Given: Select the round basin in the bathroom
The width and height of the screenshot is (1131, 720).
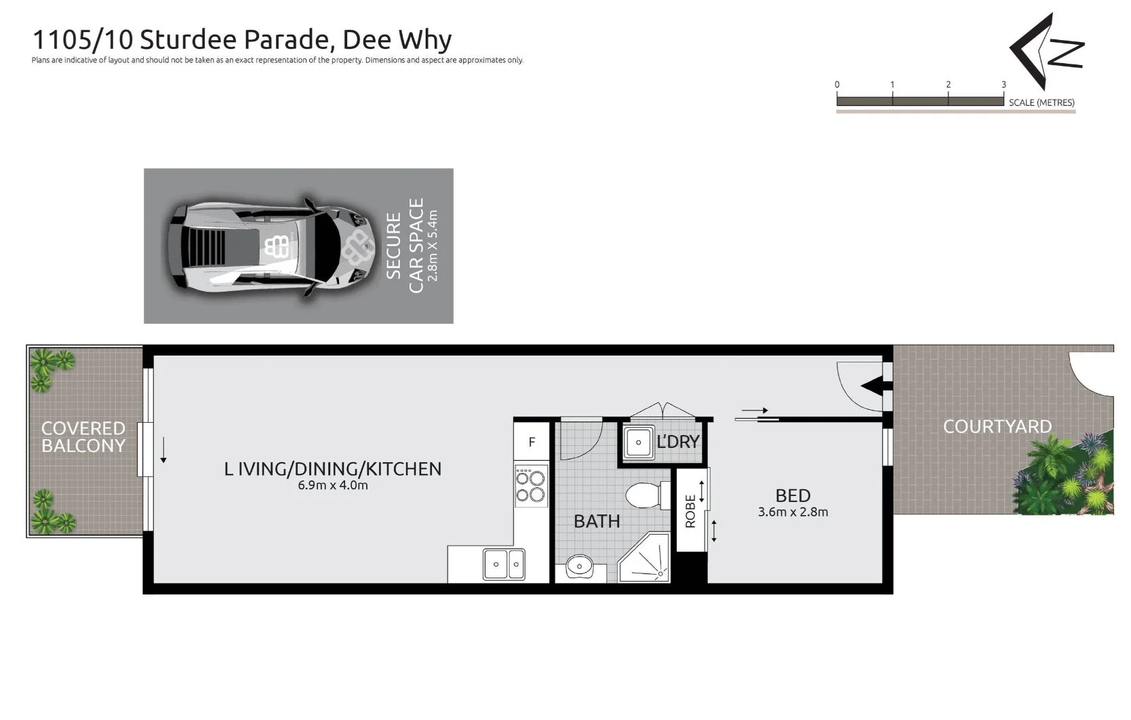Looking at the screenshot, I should [x=579, y=565].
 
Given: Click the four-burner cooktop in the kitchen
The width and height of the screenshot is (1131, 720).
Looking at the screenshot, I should [x=531, y=485].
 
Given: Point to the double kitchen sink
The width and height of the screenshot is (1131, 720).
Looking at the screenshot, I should [x=504, y=564].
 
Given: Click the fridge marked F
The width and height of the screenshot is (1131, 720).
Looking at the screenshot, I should [x=532, y=442].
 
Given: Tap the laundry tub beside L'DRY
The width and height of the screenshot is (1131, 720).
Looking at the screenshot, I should [x=637, y=442].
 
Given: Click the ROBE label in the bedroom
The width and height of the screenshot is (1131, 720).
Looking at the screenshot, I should [x=690, y=510].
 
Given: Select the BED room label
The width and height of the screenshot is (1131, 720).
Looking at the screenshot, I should [x=793, y=495].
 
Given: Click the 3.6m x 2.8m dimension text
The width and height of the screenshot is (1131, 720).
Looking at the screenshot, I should [x=793, y=512].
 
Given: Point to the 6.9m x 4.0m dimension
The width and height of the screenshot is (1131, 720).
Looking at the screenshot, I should [x=332, y=485].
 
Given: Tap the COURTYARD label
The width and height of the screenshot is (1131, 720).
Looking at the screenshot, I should [x=997, y=427].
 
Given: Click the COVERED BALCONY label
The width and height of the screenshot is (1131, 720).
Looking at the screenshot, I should [x=83, y=437].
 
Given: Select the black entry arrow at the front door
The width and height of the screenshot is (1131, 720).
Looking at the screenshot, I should [x=875, y=386].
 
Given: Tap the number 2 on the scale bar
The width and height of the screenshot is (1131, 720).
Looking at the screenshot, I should [x=948, y=85].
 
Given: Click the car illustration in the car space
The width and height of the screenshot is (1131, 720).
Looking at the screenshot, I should [x=271, y=246].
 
